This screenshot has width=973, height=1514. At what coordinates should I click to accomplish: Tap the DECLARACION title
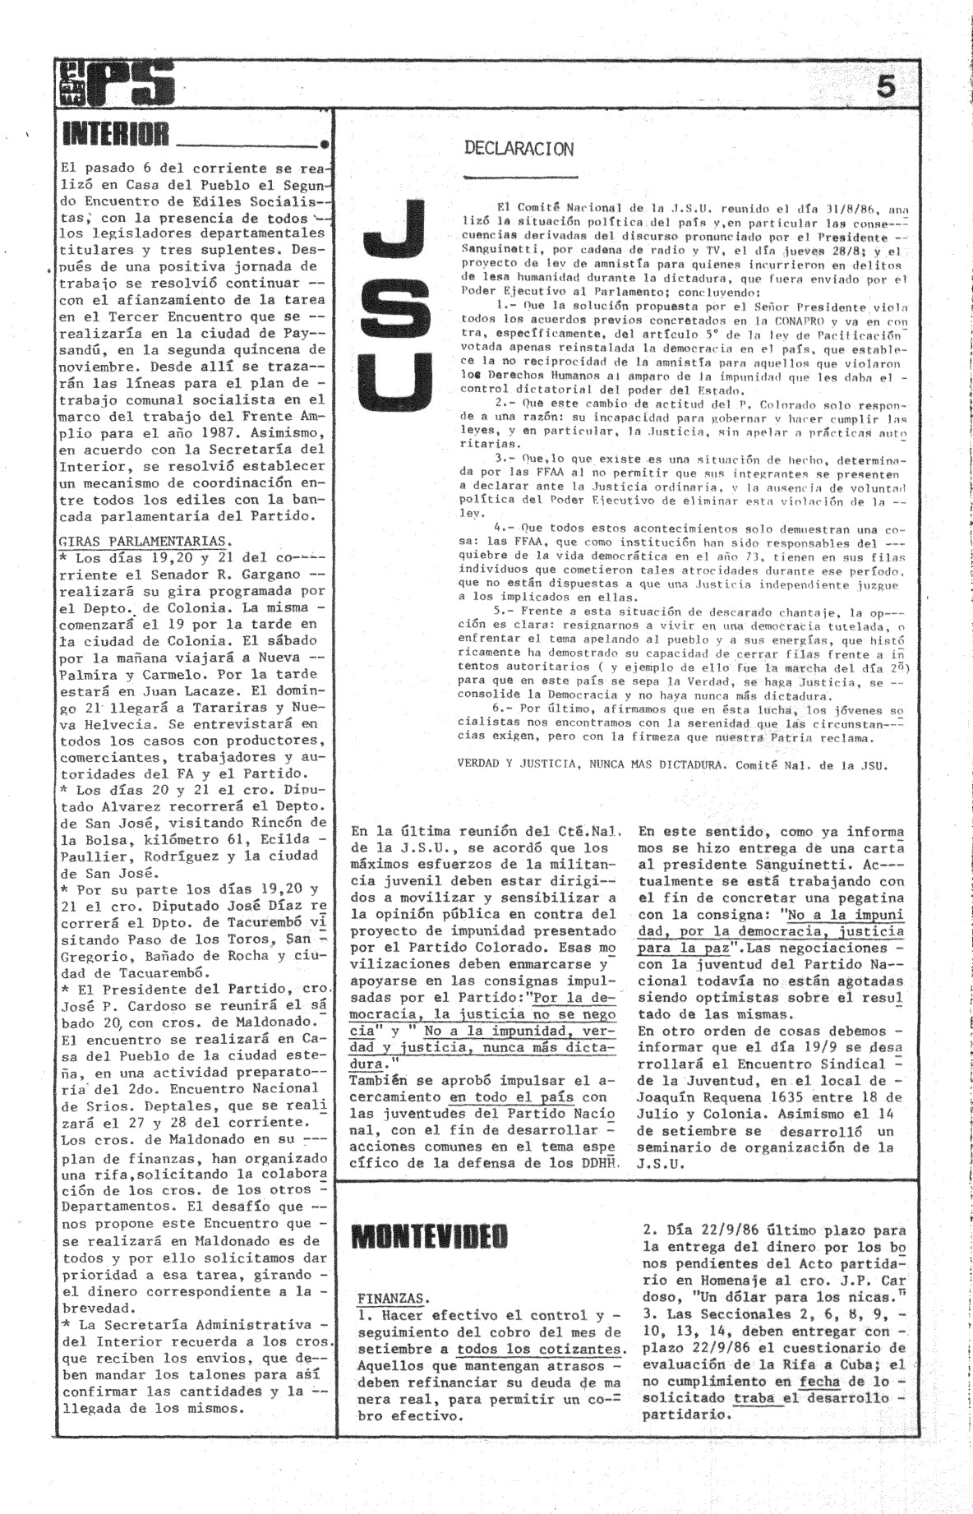pos(519,149)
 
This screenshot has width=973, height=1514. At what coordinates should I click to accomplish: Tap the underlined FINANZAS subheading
pos(392,1298)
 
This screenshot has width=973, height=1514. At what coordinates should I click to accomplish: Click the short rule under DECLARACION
pos(520,176)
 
